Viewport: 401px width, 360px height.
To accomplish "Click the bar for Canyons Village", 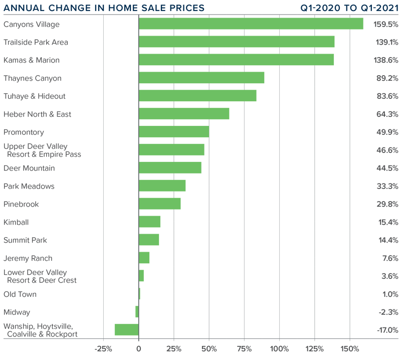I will pos(251,24).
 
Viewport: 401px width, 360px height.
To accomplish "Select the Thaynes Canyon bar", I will pos(201,78).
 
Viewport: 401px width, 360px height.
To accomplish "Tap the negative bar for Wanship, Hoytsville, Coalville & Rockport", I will pos(126,329).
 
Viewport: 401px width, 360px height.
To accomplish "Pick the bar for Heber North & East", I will pos(183,114).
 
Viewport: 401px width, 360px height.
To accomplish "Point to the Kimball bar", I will pos(149,222).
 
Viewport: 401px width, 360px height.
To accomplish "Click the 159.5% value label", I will pos(386,24).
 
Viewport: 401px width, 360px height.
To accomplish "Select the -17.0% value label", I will pos(387,330).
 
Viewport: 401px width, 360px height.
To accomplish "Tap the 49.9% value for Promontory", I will pos(387,132).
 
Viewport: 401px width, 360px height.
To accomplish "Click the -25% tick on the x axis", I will pos(103,349).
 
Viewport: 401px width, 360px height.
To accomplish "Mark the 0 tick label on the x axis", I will pos(138,349).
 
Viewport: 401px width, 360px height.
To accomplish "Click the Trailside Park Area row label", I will pos(36,42).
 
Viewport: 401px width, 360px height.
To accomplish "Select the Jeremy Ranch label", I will pos(28,258).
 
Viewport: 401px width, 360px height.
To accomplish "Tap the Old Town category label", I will pos(20,294).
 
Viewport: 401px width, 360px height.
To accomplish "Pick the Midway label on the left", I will pos(17,312).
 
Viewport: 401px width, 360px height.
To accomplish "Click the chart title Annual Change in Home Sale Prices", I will pos(104,8).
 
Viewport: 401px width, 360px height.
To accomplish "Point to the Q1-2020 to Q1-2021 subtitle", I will pos(349,8).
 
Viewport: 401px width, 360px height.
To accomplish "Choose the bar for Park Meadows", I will pos(162,186).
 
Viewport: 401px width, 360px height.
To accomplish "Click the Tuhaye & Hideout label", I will pos(35,96).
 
